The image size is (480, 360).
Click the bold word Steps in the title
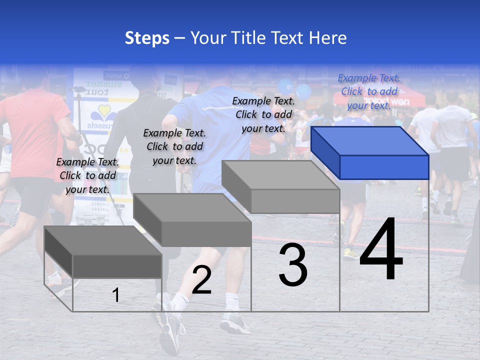[x=147, y=38]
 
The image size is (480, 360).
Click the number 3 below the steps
[x=293, y=265]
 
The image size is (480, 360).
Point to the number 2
[x=201, y=280]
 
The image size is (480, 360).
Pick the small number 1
[x=116, y=295]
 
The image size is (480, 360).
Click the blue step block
[x=370, y=152]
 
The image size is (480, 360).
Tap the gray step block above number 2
[x=192, y=220]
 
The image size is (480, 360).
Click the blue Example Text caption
[x=369, y=91]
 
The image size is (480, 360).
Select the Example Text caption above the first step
[x=87, y=175]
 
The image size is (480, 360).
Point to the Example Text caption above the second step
[x=174, y=146]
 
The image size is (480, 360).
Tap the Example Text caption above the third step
[x=263, y=114]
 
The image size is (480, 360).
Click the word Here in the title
[x=328, y=38]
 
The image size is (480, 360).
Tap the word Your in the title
[x=206, y=38]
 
